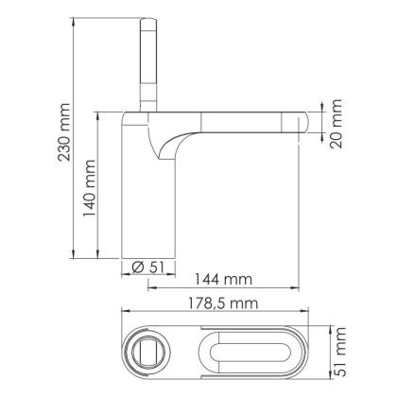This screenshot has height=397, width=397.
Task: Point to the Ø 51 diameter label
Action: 145,267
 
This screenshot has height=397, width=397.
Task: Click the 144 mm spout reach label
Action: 223,280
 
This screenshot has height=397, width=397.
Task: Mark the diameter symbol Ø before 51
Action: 137,267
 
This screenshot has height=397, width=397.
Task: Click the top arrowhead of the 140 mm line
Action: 99,111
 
